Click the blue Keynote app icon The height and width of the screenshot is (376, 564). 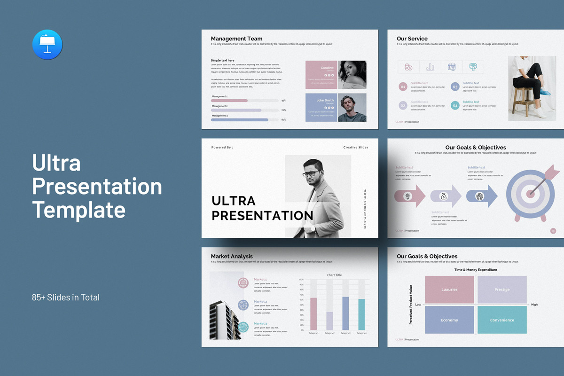[47, 45]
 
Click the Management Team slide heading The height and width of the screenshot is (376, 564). [236, 39]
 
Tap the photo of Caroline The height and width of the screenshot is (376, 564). [352, 75]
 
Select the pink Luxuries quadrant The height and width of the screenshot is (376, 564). [449, 290]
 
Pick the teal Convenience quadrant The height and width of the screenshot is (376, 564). [502, 320]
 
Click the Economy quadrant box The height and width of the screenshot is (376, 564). [449, 320]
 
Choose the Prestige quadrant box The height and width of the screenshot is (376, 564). [502, 290]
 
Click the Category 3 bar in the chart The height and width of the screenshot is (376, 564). [345, 313]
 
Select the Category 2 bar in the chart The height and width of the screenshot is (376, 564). [329, 321]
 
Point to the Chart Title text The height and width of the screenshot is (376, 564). [334, 275]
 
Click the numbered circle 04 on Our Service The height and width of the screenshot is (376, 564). [455, 106]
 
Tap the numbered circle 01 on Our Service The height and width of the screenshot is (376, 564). [403, 86]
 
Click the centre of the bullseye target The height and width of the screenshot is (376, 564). [530, 193]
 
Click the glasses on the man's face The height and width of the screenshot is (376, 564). [309, 174]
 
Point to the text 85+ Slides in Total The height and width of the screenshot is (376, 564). [66, 297]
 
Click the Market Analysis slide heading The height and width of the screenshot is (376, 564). [232, 256]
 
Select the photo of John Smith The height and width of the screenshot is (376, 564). [352, 107]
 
